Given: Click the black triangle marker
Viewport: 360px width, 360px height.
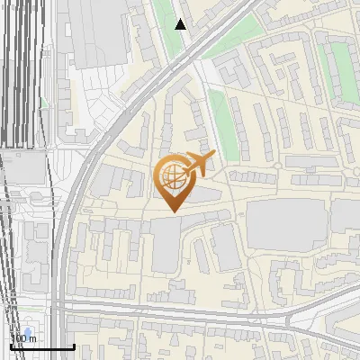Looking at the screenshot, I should tap(181, 24).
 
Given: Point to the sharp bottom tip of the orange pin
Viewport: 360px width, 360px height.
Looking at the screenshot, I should tap(173, 211).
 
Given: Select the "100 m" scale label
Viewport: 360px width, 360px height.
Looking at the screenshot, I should tap(23, 338).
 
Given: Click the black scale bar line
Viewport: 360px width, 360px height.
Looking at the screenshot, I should tap(41, 347).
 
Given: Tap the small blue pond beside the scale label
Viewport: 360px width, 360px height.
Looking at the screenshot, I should tap(28, 332).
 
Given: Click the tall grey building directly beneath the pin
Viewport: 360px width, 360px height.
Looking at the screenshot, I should tap(166, 244).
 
